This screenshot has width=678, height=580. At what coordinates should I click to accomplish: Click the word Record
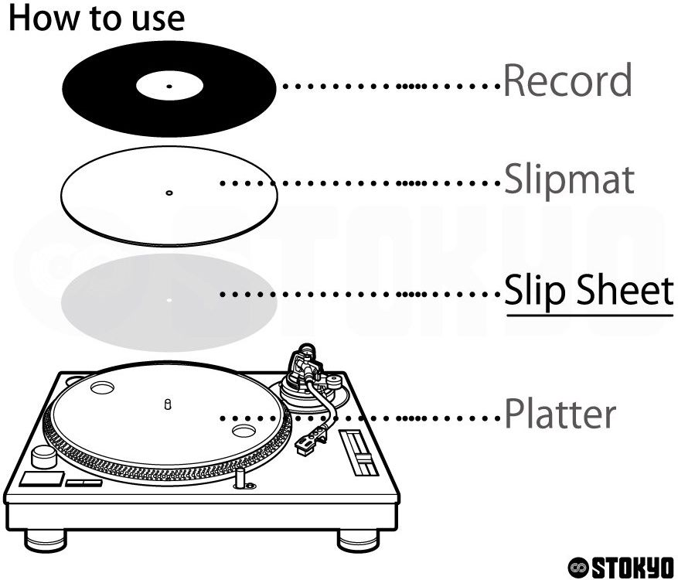click(x=567, y=81)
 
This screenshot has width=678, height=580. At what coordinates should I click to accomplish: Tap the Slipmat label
click(x=569, y=180)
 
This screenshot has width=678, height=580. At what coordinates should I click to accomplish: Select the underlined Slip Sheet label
click(x=589, y=292)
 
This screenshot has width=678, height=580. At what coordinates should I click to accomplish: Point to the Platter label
click(x=560, y=415)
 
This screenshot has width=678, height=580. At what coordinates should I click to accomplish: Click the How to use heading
click(x=97, y=18)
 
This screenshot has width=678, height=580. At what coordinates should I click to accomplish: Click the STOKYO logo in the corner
click(x=621, y=566)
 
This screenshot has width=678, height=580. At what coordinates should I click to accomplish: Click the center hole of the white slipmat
click(x=169, y=192)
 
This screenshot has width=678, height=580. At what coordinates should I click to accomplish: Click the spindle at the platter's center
click(x=168, y=404)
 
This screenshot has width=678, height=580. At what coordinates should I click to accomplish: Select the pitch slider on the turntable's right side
click(x=358, y=452)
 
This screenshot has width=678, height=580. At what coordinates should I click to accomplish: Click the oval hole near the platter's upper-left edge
click(x=102, y=386)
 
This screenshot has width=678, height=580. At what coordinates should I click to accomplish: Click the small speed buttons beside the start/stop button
click(x=83, y=483)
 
